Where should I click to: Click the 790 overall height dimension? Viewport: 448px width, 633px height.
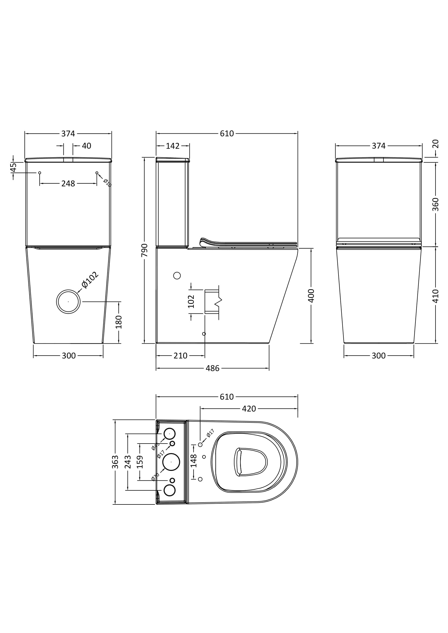[144, 250]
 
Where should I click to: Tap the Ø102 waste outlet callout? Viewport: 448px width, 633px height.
[90, 280]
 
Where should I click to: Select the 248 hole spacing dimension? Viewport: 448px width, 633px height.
[68, 183]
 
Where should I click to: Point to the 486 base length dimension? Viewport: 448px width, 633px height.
[212, 368]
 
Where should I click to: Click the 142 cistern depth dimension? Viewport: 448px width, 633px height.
[173, 146]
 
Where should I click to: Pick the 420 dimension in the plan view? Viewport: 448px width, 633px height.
[249, 409]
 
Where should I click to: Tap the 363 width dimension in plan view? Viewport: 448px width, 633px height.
[115, 462]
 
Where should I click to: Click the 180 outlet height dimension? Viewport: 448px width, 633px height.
[119, 322]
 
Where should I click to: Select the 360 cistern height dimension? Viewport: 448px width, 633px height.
[435, 204]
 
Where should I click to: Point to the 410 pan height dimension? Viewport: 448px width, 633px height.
[435, 296]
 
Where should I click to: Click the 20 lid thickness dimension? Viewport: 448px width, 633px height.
[435, 144]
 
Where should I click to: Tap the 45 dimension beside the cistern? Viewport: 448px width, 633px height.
[13, 167]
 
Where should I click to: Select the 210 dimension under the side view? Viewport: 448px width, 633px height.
[180, 356]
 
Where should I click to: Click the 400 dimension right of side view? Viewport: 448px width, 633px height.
[311, 296]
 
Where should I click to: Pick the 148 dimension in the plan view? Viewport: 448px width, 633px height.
[194, 461]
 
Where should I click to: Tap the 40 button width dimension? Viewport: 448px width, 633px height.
[86, 146]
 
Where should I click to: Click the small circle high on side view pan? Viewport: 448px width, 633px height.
[177, 275]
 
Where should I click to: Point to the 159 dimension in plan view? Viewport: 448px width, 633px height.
[140, 462]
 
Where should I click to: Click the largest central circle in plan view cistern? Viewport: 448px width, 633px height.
[171, 462]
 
